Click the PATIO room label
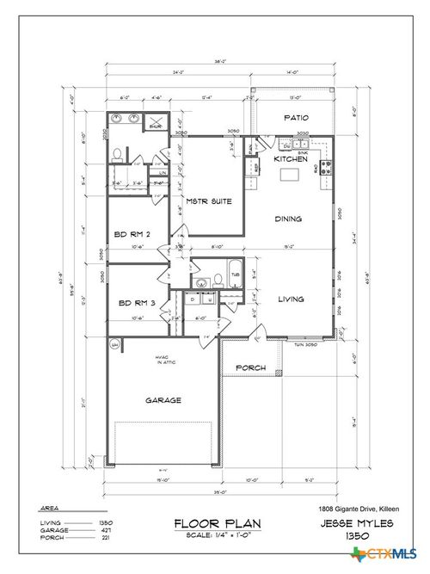coord(295,118)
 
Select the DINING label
coord(288,219)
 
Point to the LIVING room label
coord(292,299)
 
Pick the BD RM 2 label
coord(133,233)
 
